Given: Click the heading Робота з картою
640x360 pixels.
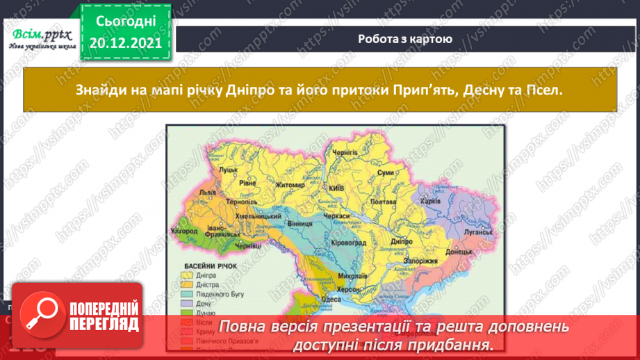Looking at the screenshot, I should (405, 39).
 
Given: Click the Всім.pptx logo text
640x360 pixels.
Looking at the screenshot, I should (40, 33).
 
